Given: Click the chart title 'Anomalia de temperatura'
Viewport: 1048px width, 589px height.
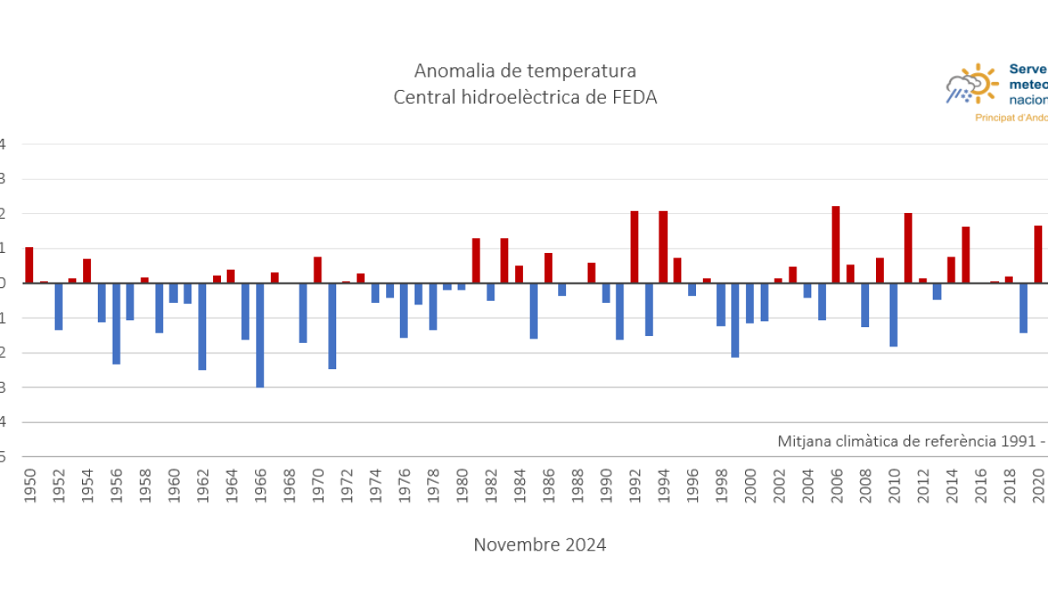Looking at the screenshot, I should click(525, 71).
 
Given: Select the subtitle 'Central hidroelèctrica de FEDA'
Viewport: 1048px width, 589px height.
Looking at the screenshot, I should click(525, 97).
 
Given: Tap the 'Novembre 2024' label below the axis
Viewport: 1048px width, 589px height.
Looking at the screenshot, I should click(540, 544).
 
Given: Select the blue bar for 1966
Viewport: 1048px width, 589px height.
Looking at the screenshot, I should click(260, 335).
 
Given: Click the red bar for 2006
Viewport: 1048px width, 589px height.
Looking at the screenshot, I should click(836, 244).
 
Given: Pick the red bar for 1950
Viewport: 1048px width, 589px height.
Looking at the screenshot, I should click(29, 265).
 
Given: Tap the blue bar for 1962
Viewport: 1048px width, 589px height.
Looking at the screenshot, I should click(203, 326).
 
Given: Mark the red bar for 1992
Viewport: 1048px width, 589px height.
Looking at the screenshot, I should click(635, 247).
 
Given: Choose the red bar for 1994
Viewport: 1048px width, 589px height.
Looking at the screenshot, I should click(664, 247).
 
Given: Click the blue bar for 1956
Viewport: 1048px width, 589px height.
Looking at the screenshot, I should click(116, 323).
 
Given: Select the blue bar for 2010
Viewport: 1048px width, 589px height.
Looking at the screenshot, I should click(893, 314).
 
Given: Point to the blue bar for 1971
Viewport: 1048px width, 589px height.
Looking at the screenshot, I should click(333, 325).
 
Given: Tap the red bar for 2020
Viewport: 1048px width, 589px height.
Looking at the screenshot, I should click(1038, 254).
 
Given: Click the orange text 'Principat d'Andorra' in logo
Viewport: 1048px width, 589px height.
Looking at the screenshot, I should click(1011, 118).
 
